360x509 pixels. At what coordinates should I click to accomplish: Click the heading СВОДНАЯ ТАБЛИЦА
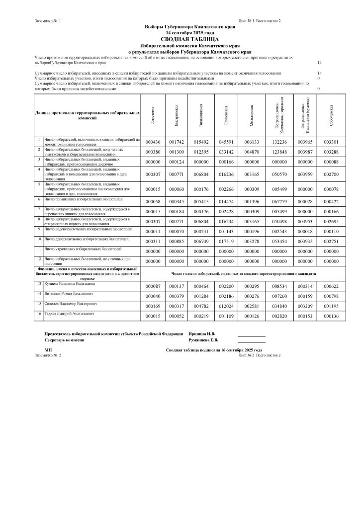point(182,38)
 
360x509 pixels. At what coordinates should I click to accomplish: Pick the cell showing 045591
point(226,142)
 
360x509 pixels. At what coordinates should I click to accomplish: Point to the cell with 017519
point(226,241)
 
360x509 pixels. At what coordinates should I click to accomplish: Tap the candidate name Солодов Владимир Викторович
point(67,303)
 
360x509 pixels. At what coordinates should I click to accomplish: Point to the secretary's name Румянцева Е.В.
point(203,340)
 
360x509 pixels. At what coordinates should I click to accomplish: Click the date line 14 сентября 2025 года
point(182,32)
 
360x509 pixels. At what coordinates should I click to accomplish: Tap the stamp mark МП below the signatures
point(48,350)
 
